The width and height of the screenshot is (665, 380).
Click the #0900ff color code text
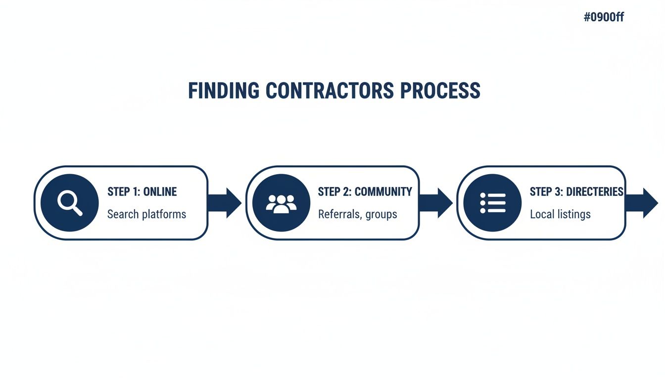[x=604, y=17]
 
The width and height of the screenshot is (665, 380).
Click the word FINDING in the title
[x=224, y=91]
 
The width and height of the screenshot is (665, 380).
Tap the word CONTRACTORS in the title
[x=330, y=91]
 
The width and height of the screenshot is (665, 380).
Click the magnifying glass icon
[x=70, y=203]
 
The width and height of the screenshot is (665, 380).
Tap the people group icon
[x=281, y=203]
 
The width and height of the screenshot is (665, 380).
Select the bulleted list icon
[x=492, y=203]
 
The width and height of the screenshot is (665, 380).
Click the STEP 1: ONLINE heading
[x=142, y=191]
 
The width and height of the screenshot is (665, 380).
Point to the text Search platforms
[x=146, y=214]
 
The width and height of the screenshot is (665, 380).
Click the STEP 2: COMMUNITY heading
[x=365, y=191]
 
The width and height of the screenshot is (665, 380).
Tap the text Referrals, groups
[x=357, y=214]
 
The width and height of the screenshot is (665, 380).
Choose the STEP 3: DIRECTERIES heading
[x=576, y=191]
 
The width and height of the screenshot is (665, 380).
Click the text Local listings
[x=560, y=214]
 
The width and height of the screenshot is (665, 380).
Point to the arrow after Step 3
[x=643, y=203]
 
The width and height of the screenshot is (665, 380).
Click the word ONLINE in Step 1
[x=160, y=191]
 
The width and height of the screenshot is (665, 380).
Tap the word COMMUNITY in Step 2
[x=383, y=191]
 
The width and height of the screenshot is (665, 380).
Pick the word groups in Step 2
[x=381, y=215]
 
